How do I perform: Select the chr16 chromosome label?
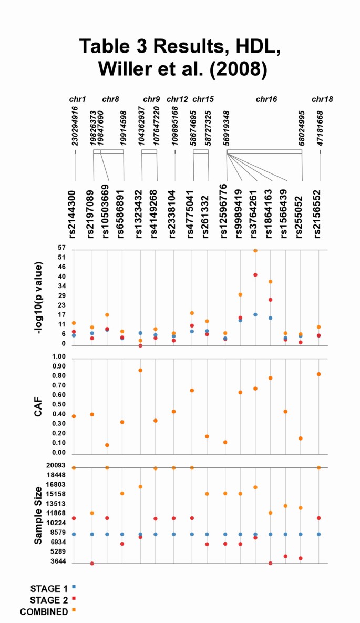pyautogui.click(x=266, y=99)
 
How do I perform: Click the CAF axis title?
pyautogui.click(x=38, y=406)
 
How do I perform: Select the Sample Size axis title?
pyautogui.click(x=38, y=515)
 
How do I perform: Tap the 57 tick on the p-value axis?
pyautogui.click(x=61, y=248)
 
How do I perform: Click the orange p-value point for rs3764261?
pyautogui.click(x=255, y=250)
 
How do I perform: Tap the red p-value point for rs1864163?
pyautogui.click(x=270, y=300)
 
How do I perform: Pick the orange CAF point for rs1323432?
pyautogui.click(x=140, y=370)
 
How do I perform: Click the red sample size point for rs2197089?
pyautogui.click(x=92, y=564)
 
